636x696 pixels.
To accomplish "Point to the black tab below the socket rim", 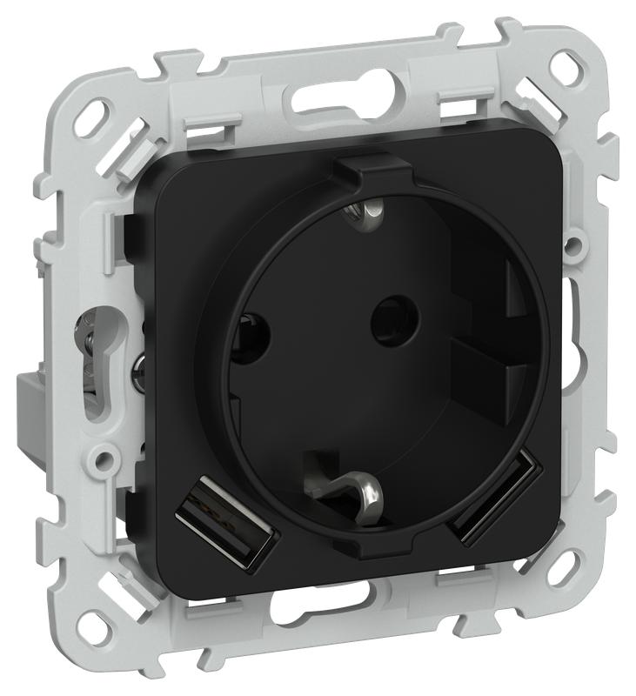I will tap(360, 545).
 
